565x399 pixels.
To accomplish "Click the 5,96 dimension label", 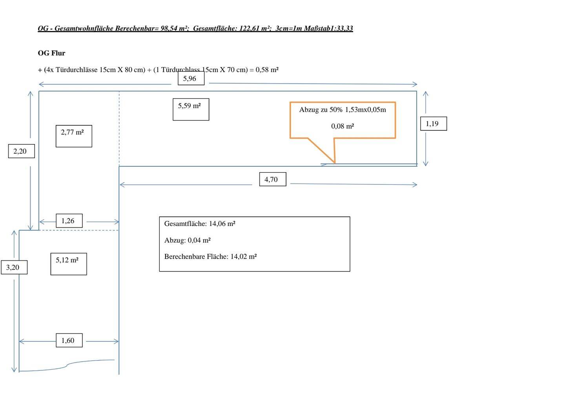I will click(x=191, y=78).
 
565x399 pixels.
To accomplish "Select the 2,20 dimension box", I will click(x=21, y=151).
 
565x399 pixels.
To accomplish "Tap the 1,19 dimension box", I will click(x=433, y=124).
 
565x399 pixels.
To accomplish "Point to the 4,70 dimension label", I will click(x=272, y=179).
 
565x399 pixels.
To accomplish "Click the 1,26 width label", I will click(x=69, y=221).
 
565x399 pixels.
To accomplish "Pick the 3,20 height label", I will click(x=14, y=268).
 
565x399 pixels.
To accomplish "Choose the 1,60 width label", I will click(x=69, y=341).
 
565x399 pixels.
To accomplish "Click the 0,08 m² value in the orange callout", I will click(x=342, y=126).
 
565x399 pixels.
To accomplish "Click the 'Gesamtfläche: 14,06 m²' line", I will click(x=199, y=224).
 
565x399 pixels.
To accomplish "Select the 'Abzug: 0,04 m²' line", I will click(x=187, y=240).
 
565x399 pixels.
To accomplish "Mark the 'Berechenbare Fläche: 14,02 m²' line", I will click(x=210, y=257).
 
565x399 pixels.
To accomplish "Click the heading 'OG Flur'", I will click(x=51, y=53).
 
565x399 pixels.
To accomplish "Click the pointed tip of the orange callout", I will click(x=335, y=162).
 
